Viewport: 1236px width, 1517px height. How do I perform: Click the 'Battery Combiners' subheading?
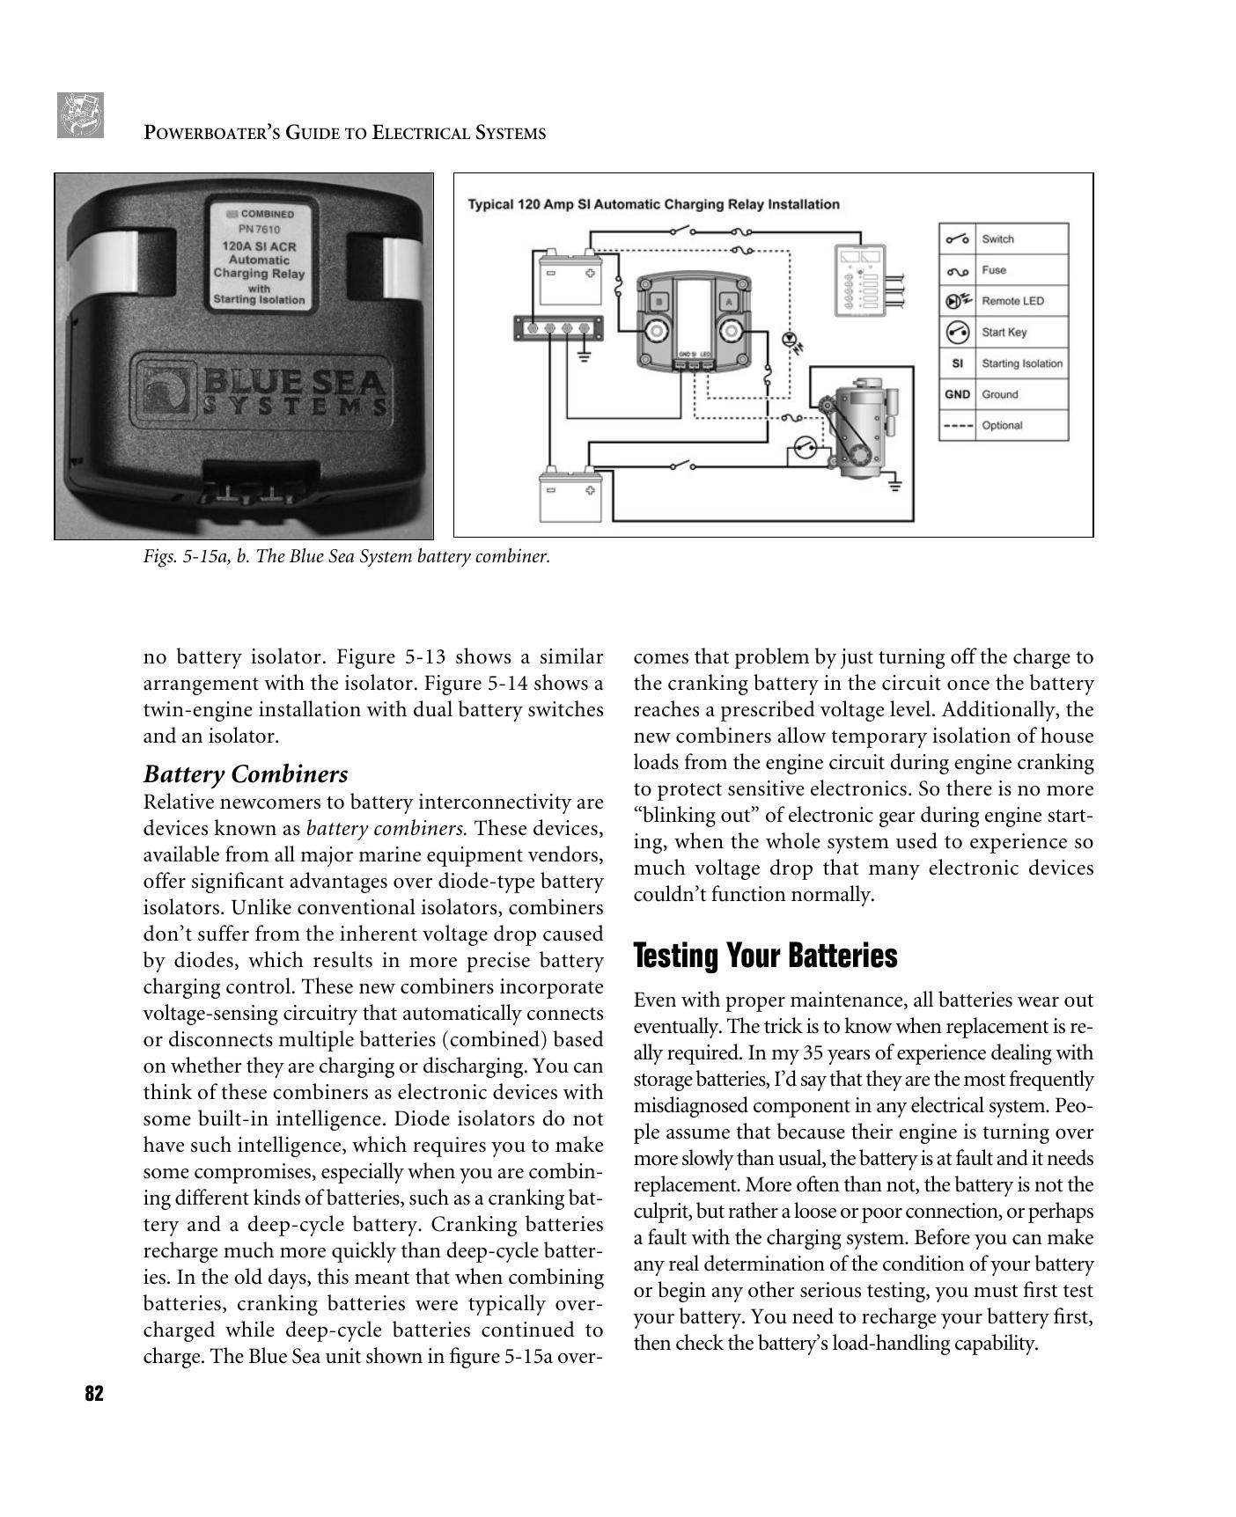(246, 774)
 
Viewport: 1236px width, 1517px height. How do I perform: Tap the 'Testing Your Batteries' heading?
(765, 956)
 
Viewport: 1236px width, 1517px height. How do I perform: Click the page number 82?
(94, 1394)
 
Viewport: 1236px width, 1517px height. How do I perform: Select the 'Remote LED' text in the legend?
(1012, 301)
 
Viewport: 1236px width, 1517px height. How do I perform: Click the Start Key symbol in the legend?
(957, 333)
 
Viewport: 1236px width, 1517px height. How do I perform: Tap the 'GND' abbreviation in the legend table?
(957, 394)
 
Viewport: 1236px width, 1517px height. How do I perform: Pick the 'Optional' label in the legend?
(1002, 426)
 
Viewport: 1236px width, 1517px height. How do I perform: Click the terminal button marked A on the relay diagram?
(729, 302)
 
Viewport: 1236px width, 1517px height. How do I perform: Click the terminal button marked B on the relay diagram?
(659, 302)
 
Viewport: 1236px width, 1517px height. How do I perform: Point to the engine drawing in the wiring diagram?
(857, 429)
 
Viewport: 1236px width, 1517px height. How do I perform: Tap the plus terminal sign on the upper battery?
(589, 273)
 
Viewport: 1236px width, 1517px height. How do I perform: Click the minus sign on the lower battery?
(551, 491)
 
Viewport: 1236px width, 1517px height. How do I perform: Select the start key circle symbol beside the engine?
(805, 449)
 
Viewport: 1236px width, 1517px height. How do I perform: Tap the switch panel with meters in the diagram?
(860, 277)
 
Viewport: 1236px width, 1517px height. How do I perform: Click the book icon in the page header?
(80, 115)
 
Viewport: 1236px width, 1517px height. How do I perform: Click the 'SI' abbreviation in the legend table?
(957, 363)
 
